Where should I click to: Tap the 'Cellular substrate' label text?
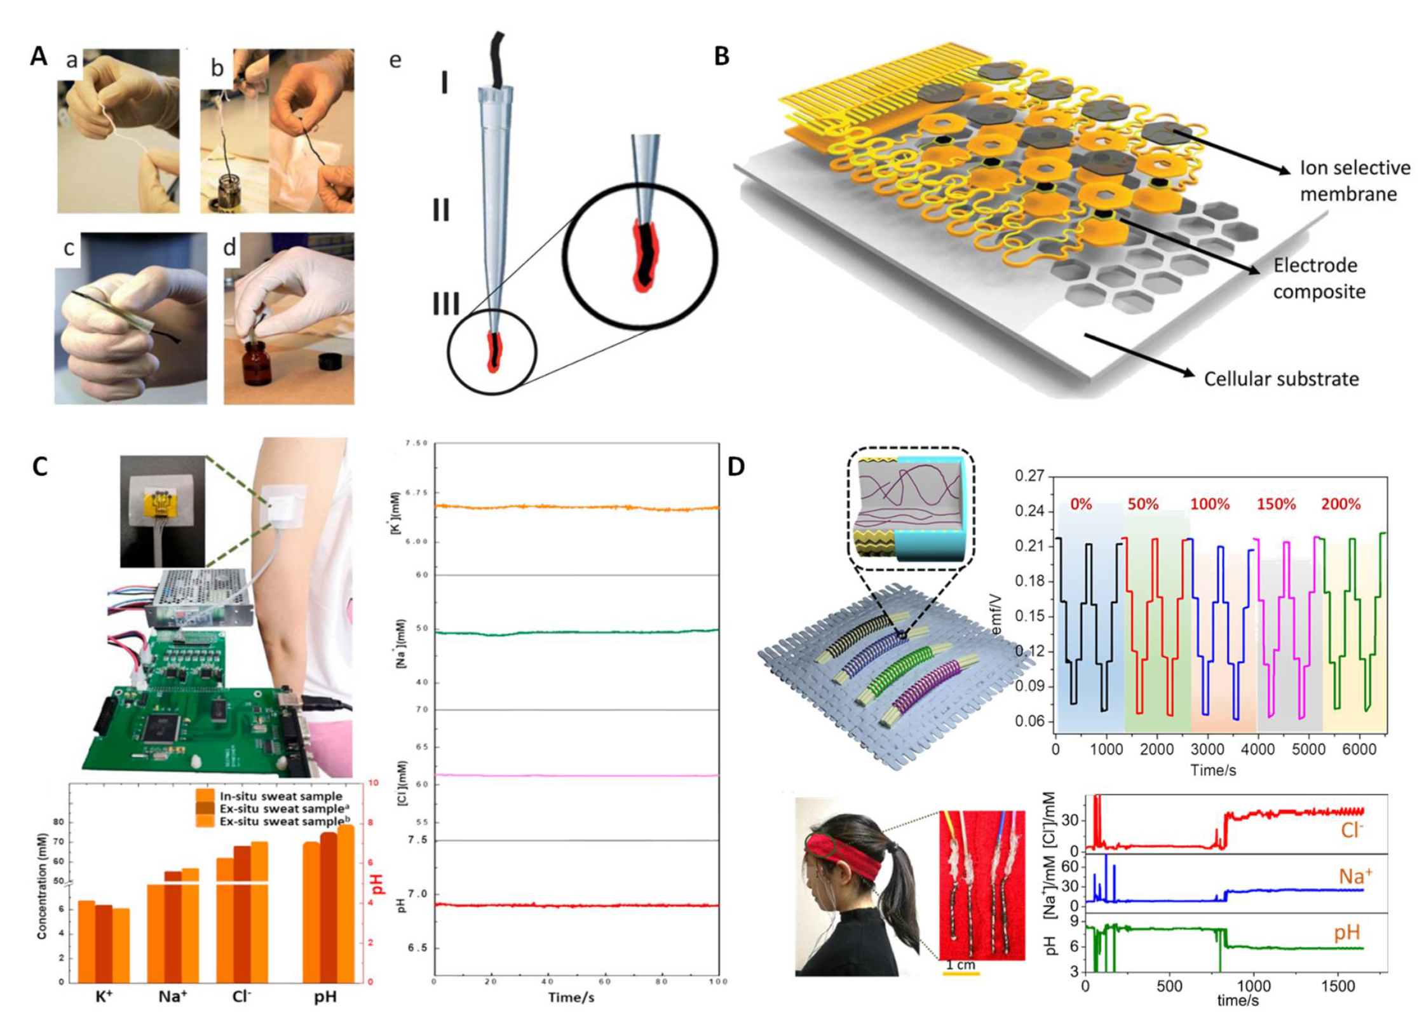(x=1281, y=379)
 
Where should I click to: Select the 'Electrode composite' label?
(x=1319, y=278)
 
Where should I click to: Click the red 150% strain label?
(x=1275, y=504)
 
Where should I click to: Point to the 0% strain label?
(x=1080, y=504)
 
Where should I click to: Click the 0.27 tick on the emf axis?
(x=1030, y=476)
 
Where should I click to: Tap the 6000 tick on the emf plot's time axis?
(x=1359, y=749)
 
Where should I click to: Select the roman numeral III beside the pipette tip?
(x=446, y=304)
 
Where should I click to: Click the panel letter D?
(x=736, y=467)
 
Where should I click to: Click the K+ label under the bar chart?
(x=104, y=997)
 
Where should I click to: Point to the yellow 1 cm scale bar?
(x=960, y=973)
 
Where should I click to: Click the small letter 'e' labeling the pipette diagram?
(x=395, y=60)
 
